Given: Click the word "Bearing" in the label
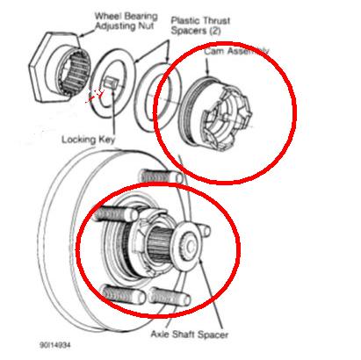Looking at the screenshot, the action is coord(141,16).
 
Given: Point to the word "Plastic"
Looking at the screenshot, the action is coord(185,21).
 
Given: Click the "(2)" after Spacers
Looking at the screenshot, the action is coord(214,31).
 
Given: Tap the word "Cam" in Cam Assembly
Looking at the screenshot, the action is coord(213,52).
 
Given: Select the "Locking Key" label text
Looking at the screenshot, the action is coord(89,140).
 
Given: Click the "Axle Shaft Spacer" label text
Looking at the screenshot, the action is coord(189,335).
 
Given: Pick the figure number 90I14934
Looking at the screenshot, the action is coord(55,345).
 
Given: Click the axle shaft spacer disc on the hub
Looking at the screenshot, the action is coord(187,245).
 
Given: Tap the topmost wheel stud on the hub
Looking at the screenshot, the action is coord(161,176).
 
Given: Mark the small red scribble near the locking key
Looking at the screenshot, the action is coord(97,95).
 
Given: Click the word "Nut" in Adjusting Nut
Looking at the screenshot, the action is coord(146,26).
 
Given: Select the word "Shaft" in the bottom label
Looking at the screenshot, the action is coord(183,334).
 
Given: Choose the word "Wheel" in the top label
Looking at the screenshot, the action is coord(109,16).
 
